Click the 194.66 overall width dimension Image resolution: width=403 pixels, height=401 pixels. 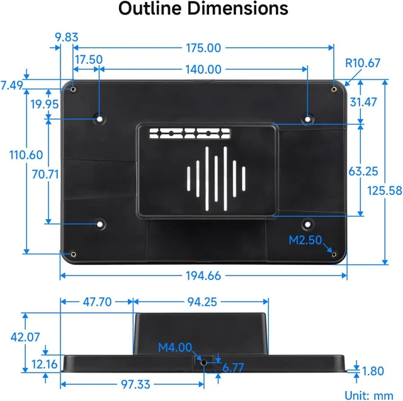[x=203, y=276]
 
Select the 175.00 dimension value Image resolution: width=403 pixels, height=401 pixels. [x=203, y=48]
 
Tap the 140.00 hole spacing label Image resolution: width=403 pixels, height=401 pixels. [x=203, y=69]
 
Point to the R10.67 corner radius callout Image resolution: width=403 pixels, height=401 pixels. [x=363, y=63]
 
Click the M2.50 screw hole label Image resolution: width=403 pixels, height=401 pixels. [x=305, y=240]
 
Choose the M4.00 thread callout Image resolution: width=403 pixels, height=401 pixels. [x=175, y=347]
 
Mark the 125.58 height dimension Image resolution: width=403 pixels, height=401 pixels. [x=385, y=191]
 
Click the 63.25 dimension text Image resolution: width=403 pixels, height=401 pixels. [x=363, y=171]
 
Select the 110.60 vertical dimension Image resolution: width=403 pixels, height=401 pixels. [x=26, y=155]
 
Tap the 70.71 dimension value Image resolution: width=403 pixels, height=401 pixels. [x=45, y=174]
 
